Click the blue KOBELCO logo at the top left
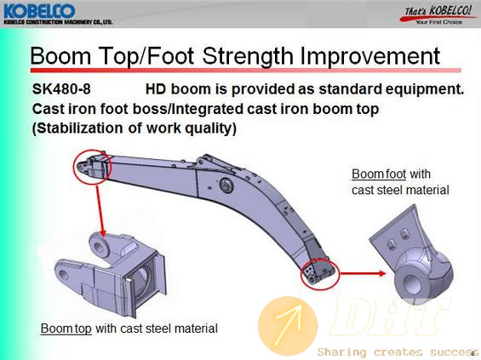[x=39, y=11]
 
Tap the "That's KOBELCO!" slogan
[x=438, y=11]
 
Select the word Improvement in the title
[x=369, y=56]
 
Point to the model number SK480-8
[x=61, y=89]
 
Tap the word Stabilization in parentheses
[x=77, y=129]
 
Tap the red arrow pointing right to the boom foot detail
[x=364, y=273]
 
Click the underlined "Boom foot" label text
[x=379, y=174]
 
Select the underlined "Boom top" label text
[x=66, y=329]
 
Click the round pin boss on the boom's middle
[x=227, y=186]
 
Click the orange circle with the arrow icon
[x=288, y=326]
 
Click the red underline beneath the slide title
[x=245, y=71]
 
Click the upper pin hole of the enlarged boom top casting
[x=99, y=247]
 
